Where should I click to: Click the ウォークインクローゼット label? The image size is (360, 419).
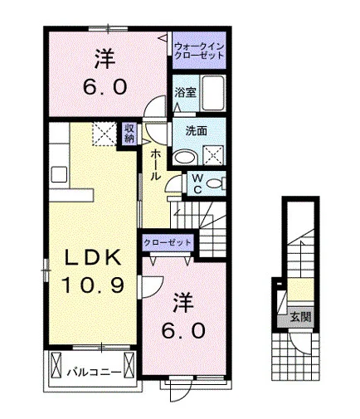(199, 51)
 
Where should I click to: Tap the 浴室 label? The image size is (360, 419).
(185, 92)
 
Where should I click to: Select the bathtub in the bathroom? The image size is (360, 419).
(212, 93)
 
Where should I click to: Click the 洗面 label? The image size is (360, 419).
(196, 131)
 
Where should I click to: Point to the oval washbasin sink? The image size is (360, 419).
(185, 157)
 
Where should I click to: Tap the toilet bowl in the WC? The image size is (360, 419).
(214, 184)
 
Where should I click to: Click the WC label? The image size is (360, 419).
(197, 183)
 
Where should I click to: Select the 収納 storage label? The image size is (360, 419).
(129, 133)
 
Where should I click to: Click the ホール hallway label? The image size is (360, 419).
(155, 164)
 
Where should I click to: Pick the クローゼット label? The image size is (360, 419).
(168, 243)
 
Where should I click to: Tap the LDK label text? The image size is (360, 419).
(92, 257)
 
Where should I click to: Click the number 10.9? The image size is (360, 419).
(92, 285)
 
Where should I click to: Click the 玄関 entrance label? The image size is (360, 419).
(300, 317)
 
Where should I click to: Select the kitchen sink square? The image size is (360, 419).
(59, 174)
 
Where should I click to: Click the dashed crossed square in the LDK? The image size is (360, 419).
(104, 134)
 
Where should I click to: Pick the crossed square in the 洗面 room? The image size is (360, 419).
(213, 155)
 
